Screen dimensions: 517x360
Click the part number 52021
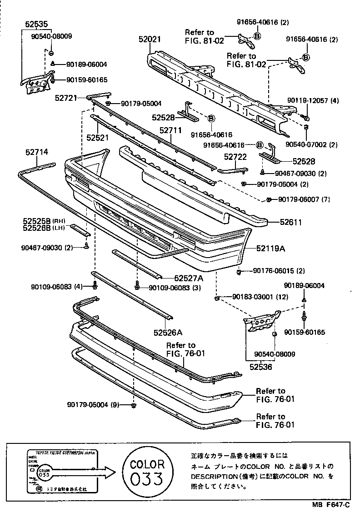tap(150, 40)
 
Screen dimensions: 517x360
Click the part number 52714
tap(37, 153)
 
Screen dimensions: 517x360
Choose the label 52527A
tap(188, 278)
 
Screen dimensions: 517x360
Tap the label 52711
tap(170, 130)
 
